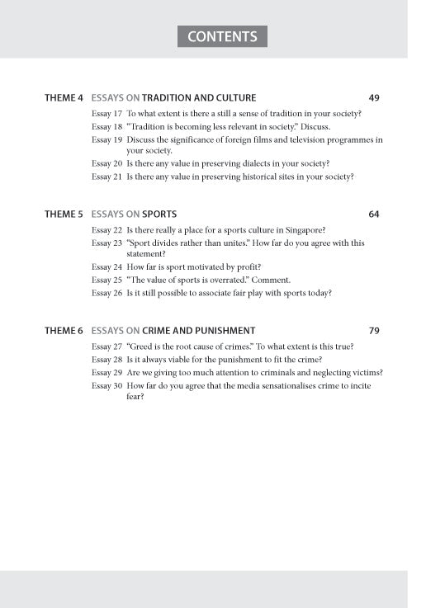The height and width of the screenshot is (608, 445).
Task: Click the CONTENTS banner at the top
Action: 222,36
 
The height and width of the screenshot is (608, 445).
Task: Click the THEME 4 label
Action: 64,98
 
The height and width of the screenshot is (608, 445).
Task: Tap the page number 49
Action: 374,98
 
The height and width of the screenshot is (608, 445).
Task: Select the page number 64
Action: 374,214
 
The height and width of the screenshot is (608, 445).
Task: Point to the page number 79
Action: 374,331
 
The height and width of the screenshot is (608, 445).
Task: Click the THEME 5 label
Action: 64,214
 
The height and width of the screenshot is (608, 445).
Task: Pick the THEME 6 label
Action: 64,331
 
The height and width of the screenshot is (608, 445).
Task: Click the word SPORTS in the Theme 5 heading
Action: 159,214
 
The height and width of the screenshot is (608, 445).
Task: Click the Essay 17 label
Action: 107,114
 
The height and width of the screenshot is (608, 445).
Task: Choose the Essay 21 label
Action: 107,177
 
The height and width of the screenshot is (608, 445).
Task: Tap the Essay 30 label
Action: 107,385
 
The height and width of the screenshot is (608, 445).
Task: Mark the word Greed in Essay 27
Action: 143,346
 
